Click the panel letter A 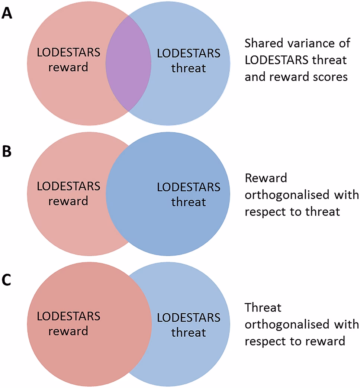pyautogui.click(x=7, y=13)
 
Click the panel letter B pyautogui.click(x=7, y=151)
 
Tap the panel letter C pyautogui.click(x=6, y=280)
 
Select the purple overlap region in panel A pyautogui.click(x=128, y=63)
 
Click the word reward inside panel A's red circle pyautogui.click(x=68, y=67)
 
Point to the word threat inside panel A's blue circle pyautogui.click(x=189, y=68)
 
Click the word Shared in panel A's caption pyautogui.click(x=264, y=43)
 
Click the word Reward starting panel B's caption pyautogui.click(x=266, y=178)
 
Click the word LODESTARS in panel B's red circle pyautogui.click(x=68, y=186)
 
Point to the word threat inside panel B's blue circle pyautogui.click(x=189, y=202)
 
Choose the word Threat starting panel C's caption pyautogui.click(x=263, y=308)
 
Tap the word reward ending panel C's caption pyautogui.click(x=325, y=341)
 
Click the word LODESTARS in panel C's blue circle pyautogui.click(x=189, y=317)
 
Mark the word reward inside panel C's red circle pyautogui.click(x=68, y=331)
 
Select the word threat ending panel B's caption pyautogui.click(x=322, y=211)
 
